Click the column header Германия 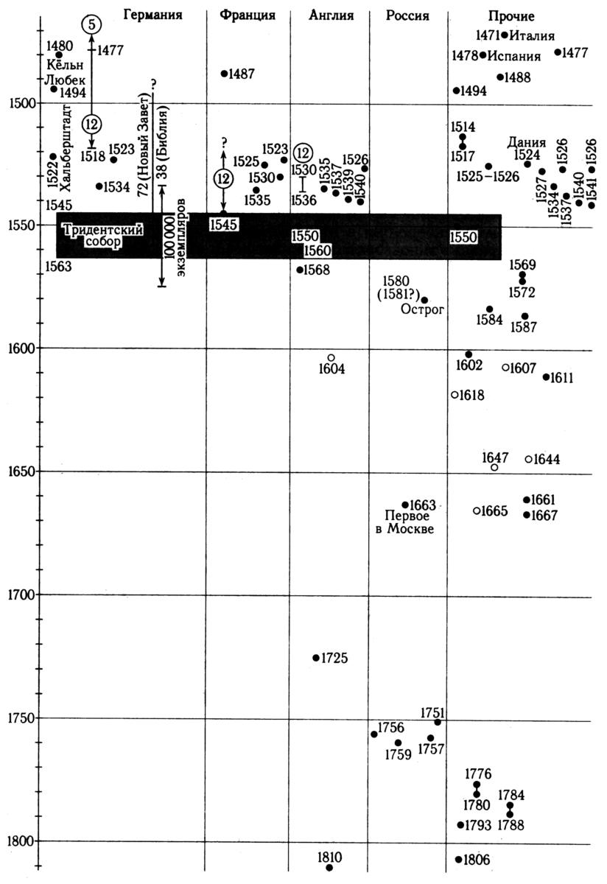(x=153, y=15)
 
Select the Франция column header (x=248, y=15)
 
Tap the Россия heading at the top (x=407, y=15)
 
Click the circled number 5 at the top (x=91, y=25)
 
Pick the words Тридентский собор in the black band (x=103, y=236)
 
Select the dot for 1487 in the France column (x=224, y=74)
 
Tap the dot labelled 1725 (x=316, y=658)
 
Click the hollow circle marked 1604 (x=331, y=357)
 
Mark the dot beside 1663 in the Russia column (x=405, y=505)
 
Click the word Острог (x=422, y=309)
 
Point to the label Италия (x=532, y=36)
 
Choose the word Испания (x=514, y=56)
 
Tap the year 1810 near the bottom (x=329, y=857)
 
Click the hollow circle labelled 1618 (x=455, y=395)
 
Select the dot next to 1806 (x=458, y=859)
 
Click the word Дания (x=527, y=142)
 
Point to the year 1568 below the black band (x=317, y=270)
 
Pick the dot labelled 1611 (x=546, y=377)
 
